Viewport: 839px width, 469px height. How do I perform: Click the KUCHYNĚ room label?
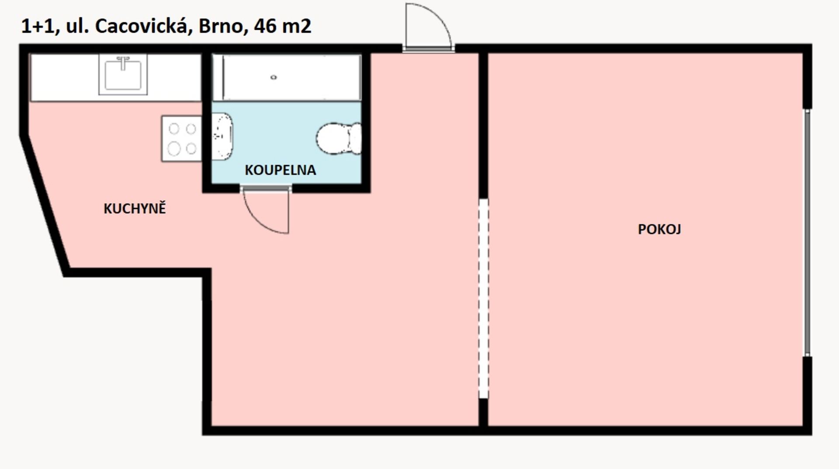click(135, 208)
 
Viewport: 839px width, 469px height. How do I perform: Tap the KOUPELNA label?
click(280, 170)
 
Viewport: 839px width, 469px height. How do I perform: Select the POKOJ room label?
click(659, 229)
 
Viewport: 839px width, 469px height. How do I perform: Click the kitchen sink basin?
click(123, 75)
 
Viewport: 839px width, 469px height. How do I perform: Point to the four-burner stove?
click(182, 139)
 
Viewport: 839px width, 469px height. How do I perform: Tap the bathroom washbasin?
click(222, 136)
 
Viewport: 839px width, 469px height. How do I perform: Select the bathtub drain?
click(274, 77)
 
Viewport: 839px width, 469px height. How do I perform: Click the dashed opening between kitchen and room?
click(483, 299)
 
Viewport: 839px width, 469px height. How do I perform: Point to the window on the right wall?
click(808, 233)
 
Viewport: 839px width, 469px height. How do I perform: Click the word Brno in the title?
click(221, 26)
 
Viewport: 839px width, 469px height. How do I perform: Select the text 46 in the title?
click(265, 26)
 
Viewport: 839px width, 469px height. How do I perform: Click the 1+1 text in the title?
click(38, 27)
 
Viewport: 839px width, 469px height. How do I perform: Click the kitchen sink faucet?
click(123, 62)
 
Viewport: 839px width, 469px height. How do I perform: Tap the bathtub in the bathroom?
click(287, 77)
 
